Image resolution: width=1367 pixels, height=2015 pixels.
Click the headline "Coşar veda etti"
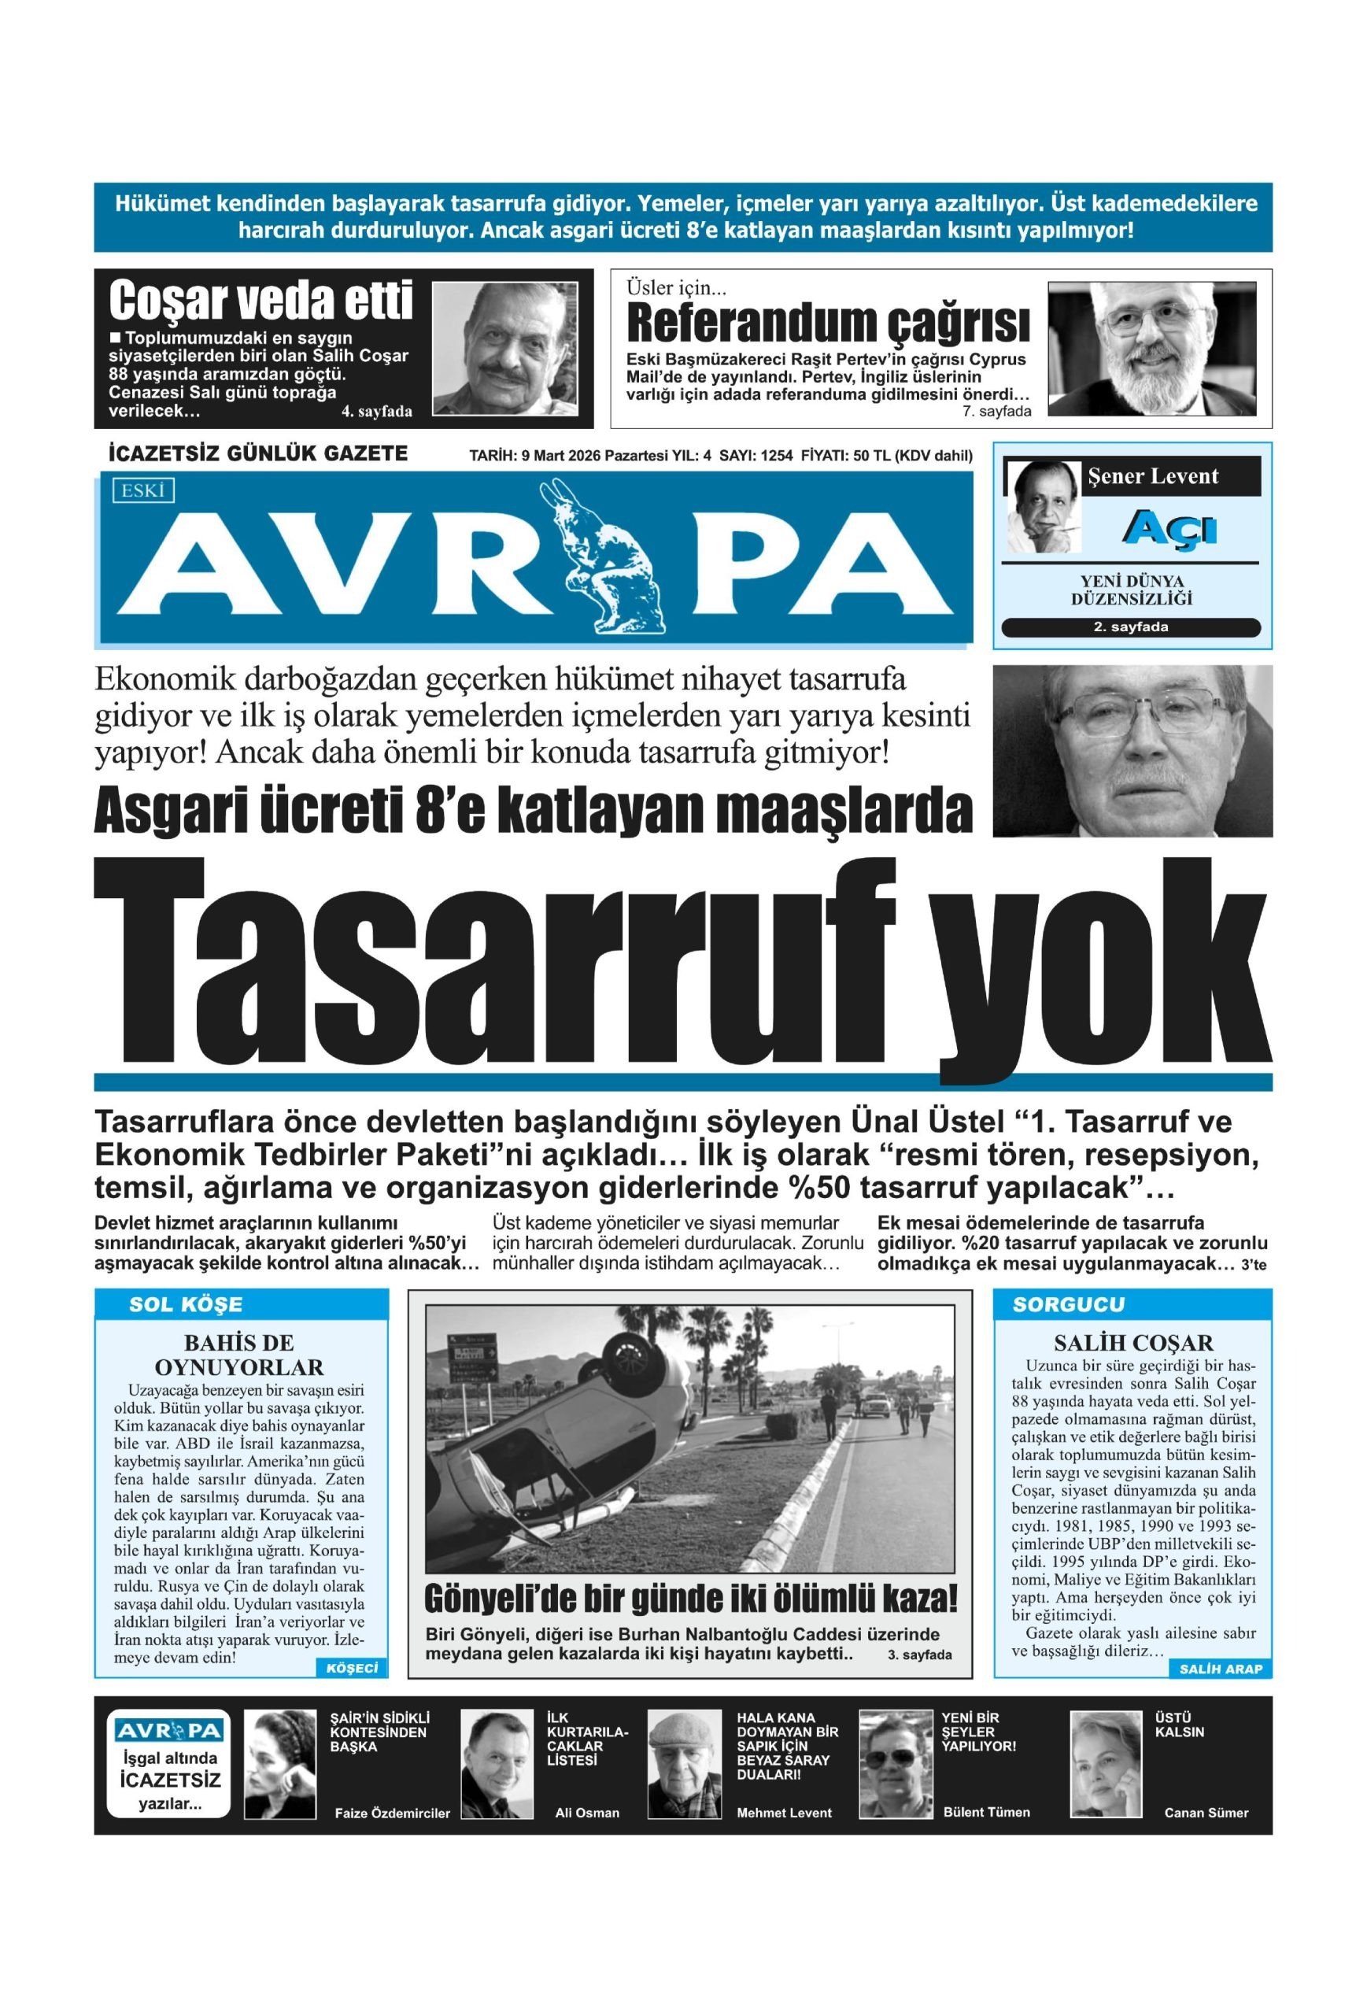260,301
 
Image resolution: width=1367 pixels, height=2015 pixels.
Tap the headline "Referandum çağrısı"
827,324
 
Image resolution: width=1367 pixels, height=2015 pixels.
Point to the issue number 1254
775,456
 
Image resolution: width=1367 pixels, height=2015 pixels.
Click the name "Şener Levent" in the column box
1152,476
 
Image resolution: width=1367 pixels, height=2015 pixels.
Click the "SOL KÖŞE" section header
186,1304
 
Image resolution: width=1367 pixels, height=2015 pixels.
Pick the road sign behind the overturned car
471,1351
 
